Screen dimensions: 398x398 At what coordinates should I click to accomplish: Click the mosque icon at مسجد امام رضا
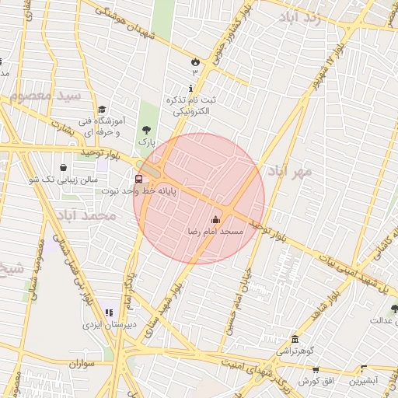point(215,220)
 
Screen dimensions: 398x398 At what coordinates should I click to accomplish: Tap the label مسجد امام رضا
point(216,232)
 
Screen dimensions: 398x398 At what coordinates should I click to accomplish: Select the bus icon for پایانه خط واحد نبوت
point(138,179)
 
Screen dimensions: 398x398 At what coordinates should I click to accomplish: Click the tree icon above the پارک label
point(146,130)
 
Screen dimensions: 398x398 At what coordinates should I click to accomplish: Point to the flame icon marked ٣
point(194,61)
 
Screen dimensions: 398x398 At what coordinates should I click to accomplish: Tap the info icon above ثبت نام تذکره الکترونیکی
point(192,89)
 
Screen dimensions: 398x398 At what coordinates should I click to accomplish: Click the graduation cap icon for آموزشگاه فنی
point(102,110)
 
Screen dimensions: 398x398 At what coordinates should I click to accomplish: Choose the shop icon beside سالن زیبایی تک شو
point(63,167)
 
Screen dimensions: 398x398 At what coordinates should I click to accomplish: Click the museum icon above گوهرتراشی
point(295,340)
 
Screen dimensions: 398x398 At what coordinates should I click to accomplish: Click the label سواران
point(80,363)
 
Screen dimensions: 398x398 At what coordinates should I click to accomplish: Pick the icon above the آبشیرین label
point(362,369)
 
